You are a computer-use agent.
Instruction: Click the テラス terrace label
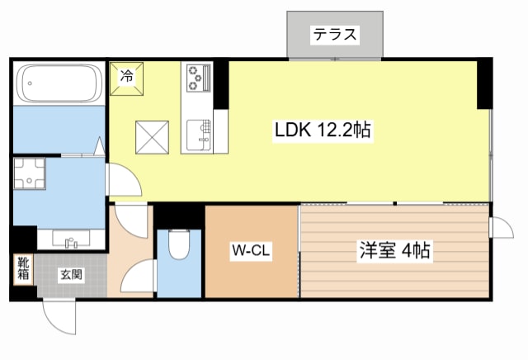click(x=335, y=35)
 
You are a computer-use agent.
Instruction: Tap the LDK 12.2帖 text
click(x=322, y=130)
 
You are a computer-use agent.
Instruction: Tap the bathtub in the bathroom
click(x=58, y=83)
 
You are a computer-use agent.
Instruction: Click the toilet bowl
click(x=178, y=244)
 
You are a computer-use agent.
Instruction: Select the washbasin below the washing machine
click(x=70, y=239)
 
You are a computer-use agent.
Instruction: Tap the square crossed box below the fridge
click(x=153, y=136)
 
